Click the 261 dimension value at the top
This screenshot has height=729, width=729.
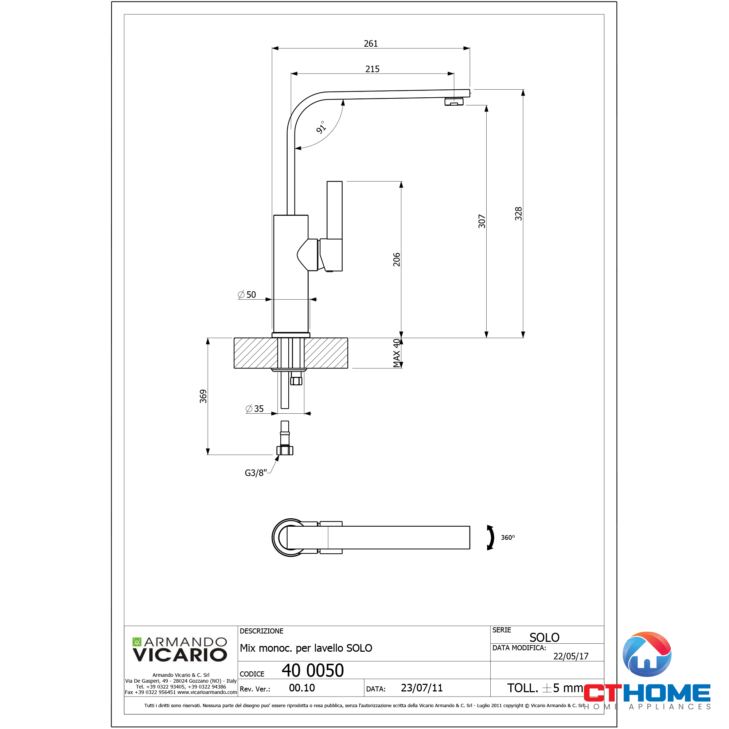click(x=371, y=43)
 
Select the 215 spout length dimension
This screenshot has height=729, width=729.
click(x=372, y=69)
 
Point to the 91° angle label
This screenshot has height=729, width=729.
click(x=321, y=128)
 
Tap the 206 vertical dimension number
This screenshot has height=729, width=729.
click(x=397, y=260)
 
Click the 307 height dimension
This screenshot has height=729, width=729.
click(x=482, y=221)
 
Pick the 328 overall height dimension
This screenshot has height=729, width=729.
click(x=518, y=214)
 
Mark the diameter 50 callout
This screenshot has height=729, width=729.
click(x=247, y=295)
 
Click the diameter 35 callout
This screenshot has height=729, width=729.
click(x=255, y=409)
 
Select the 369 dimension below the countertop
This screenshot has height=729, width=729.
click(x=203, y=396)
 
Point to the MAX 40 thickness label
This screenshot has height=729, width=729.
click(x=397, y=353)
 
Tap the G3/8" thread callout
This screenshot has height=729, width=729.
click(x=256, y=473)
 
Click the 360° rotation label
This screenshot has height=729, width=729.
click(x=508, y=537)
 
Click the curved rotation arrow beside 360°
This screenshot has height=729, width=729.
click(x=491, y=537)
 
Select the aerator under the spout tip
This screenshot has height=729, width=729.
click(x=454, y=101)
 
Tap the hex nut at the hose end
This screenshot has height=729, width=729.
click(x=285, y=451)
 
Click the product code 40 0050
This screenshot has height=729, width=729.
click(x=313, y=671)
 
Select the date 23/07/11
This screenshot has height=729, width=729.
click(x=421, y=688)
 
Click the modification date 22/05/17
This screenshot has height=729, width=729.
click(x=570, y=656)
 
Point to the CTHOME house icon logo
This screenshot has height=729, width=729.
click(x=647, y=655)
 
